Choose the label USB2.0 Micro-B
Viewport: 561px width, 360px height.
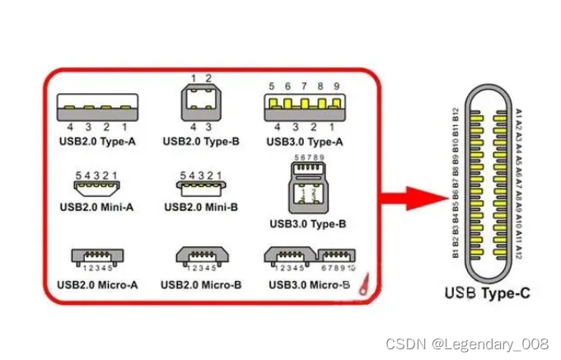tap(200, 285)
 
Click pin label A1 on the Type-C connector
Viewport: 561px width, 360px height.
tap(518, 113)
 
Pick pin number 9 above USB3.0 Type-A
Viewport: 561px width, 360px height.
tap(336, 86)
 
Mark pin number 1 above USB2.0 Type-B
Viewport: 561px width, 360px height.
tap(193, 78)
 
